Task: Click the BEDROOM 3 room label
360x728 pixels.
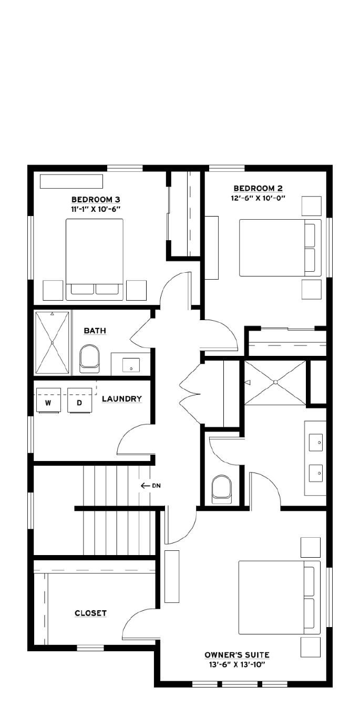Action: tap(96, 200)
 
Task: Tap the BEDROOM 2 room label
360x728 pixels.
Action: tap(258, 188)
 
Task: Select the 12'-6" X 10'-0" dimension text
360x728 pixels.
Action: tap(258, 198)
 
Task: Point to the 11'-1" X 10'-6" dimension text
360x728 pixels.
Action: tap(96, 209)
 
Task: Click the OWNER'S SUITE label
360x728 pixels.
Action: tap(237, 655)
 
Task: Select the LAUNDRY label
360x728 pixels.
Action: tap(122, 399)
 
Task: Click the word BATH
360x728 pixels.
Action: tap(95, 331)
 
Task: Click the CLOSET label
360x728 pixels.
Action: tap(90, 613)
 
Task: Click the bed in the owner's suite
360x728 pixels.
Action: tap(279, 597)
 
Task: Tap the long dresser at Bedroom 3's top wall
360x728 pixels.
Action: tap(71, 181)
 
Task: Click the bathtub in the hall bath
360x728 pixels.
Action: tap(52, 343)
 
